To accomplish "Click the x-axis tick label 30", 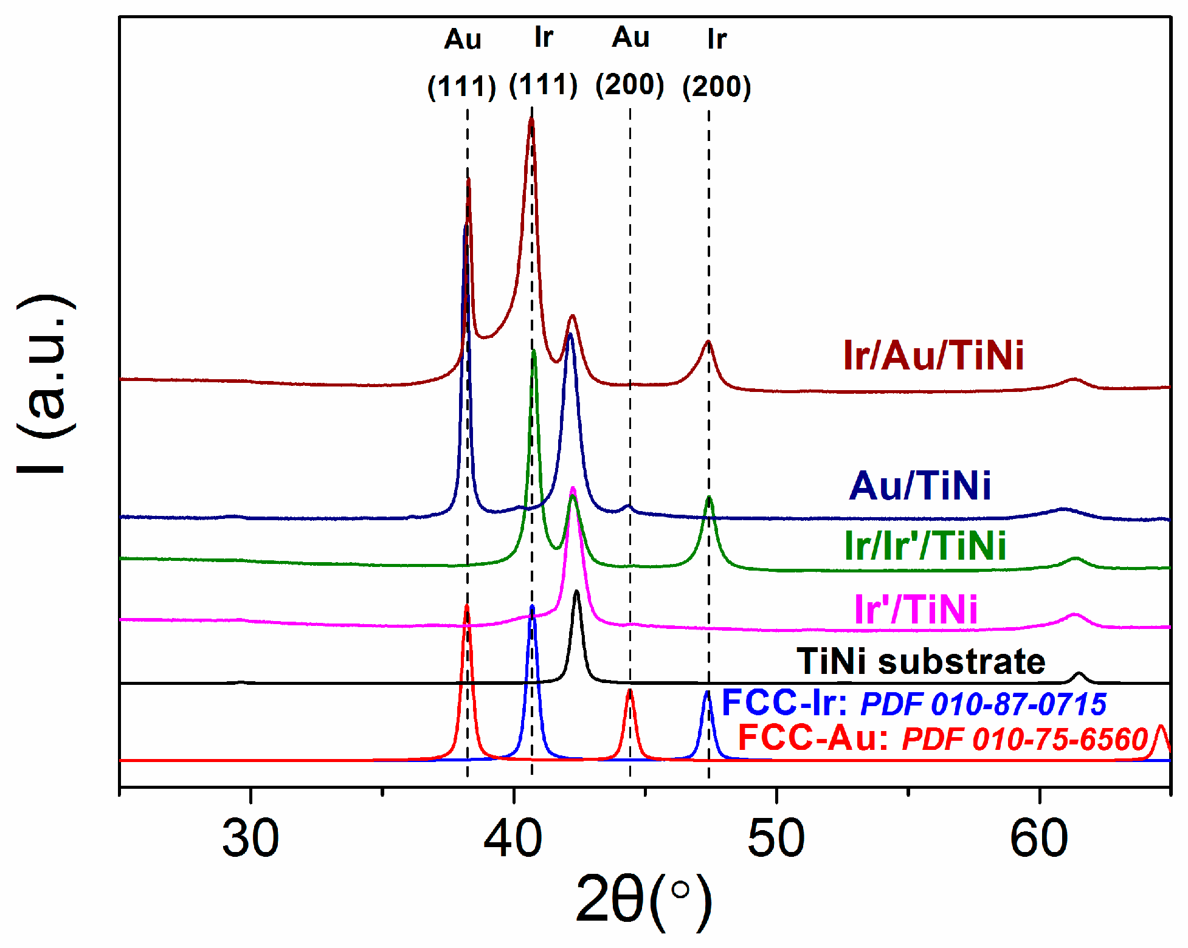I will pyautogui.click(x=250, y=839).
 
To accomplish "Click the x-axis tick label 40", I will pyautogui.click(x=513, y=839).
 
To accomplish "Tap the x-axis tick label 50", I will pyautogui.click(x=776, y=839).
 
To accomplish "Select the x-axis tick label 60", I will pyautogui.click(x=1039, y=839).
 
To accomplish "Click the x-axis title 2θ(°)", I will pyautogui.click(x=643, y=900).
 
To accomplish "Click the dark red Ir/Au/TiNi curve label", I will pyautogui.click(x=933, y=355).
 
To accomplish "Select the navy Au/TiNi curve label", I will pyautogui.click(x=920, y=486).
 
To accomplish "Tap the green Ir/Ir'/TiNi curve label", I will pyautogui.click(x=925, y=545).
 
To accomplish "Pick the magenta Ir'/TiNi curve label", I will pyautogui.click(x=916, y=609).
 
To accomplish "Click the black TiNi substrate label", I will pyautogui.click(x=920, y=661).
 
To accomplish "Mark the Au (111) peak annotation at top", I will pyautogui.click(x=462, y=63).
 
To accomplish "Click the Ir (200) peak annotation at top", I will pyautogui.click(x=717, y=63).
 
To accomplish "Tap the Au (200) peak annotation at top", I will pyautogui.click(x=630, y=62).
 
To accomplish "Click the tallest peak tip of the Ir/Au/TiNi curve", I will pyautogui.click(x=531, y=119).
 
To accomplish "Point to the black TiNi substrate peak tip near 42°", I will pyautogui.click(x=576, y=591).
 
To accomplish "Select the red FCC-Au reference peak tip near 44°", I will pyautogui.click(x=630, y=690).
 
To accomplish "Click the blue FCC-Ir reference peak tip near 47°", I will pyautogui.click(x=707, y=692).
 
